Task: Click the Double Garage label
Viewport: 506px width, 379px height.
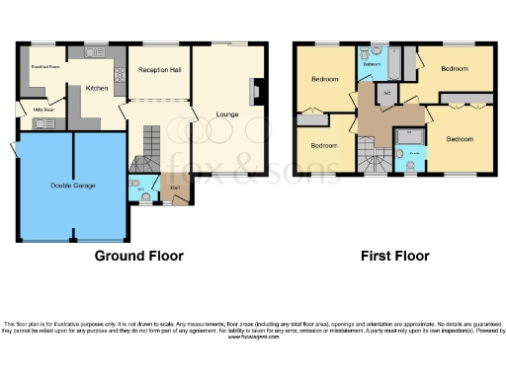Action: click(74, 186)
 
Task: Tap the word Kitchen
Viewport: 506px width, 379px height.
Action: click(97, 89)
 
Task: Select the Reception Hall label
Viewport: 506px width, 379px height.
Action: click(159, 71)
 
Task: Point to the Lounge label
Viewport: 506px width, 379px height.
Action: click(226, 114)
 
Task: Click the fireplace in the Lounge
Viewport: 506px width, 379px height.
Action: click(257, 92)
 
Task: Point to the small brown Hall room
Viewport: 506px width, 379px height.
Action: click(176, 189)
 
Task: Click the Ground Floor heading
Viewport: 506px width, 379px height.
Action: click(138, 256)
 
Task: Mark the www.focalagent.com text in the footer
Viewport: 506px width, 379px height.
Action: click(253, 337)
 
